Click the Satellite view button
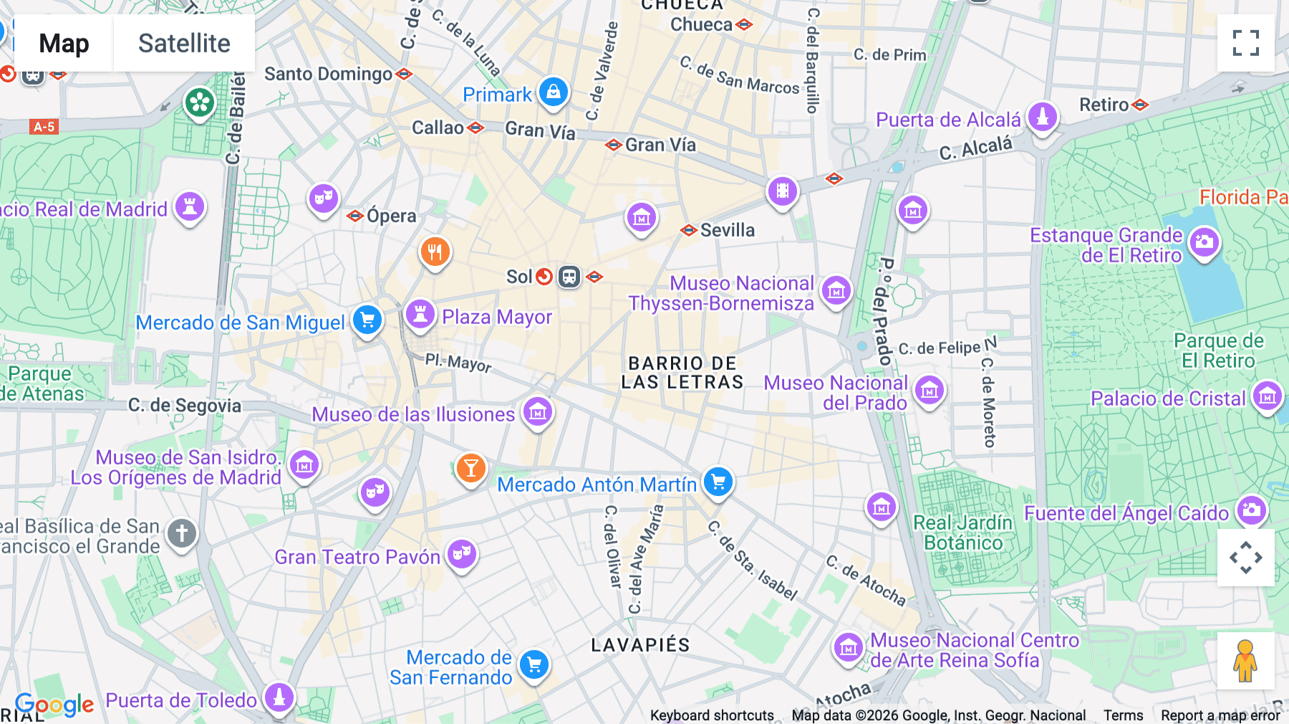[x=184, y=43]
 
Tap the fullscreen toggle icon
[x=1245, y=43]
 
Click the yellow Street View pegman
[x=1245, y=660]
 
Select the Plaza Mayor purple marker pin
[x=420, y=314]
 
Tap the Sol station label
[x=519, y=277]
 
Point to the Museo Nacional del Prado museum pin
[x=930, y=391]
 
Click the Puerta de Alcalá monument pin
[x=1043, y=116]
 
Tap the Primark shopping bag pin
[x=553, y=92]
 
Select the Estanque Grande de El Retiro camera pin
[x=1204, y=242]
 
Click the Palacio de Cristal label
[x=1167, y=399]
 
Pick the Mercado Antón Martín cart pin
[x=718, y=482]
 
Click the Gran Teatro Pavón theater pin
[x=462, y=553]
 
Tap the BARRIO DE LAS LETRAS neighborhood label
[x=682, y=373]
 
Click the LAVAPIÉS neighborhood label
[x=640, y=645]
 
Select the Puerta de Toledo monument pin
[x=279, y=697]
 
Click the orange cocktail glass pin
[x=470, y=468]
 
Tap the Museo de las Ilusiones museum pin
[x=538, y=411]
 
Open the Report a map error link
[x=1220, y=715]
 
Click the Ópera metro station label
[x=391, y=216]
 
